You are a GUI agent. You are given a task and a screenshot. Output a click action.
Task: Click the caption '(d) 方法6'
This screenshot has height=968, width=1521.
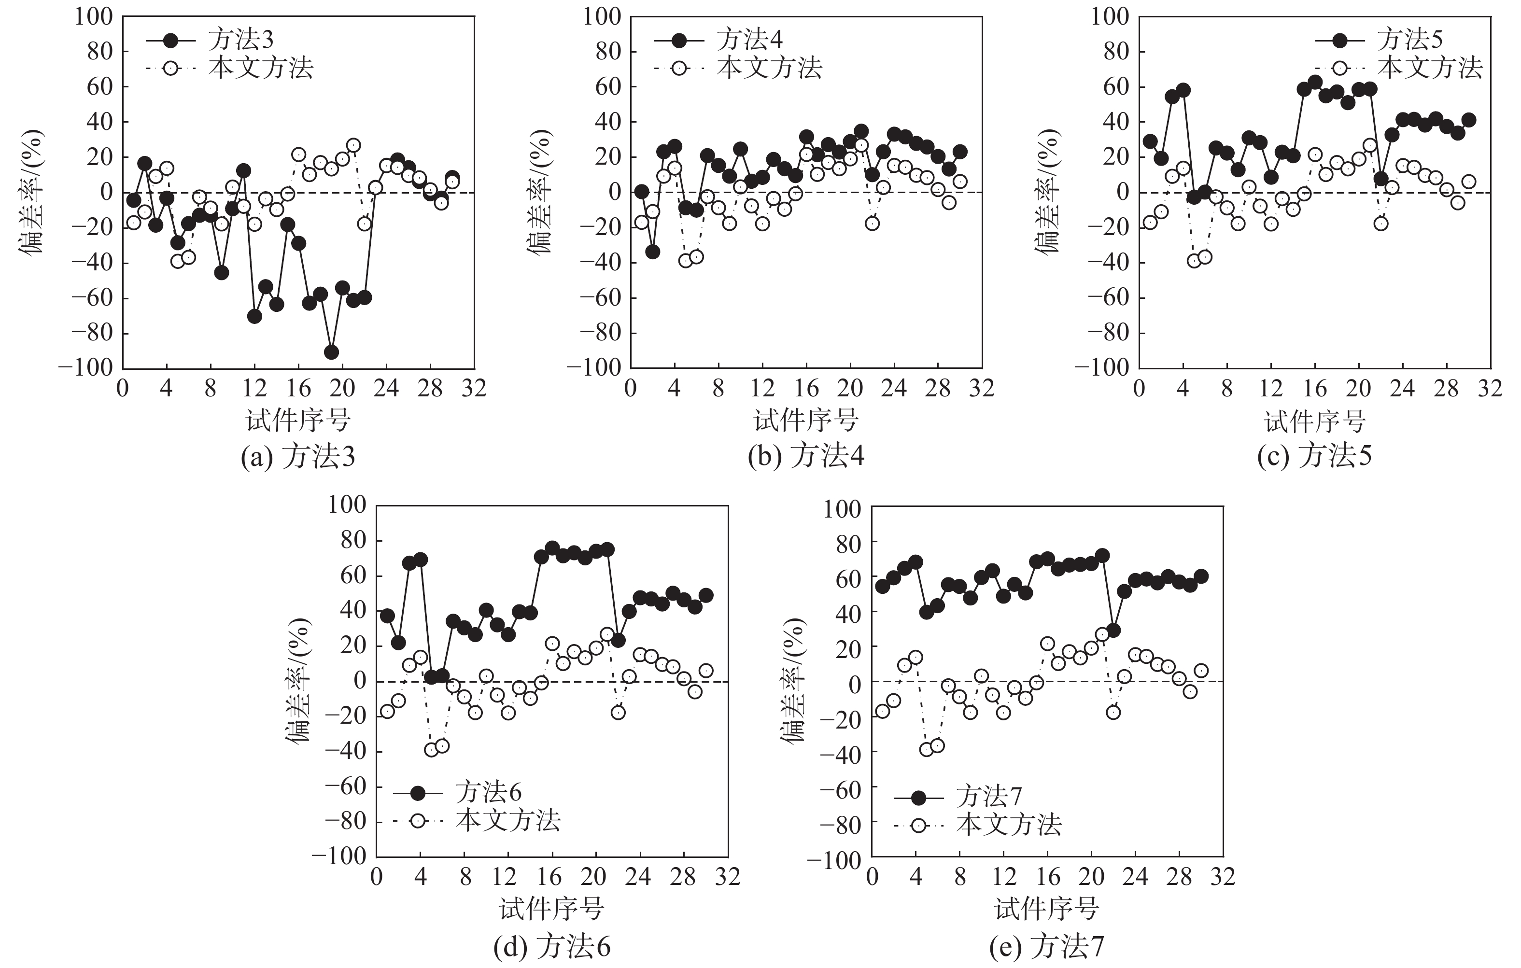(x=551, y=946)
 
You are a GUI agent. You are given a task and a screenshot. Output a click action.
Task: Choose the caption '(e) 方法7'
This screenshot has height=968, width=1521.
(x=1047, y=946)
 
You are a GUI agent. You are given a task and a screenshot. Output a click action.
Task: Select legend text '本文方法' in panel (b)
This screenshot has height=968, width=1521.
(x=769, y=68)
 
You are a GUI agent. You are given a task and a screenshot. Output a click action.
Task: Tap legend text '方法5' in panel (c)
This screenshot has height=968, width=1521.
(x=1410, y=40)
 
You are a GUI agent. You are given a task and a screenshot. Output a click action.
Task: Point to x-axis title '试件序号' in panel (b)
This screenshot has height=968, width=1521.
(x=806, y=420)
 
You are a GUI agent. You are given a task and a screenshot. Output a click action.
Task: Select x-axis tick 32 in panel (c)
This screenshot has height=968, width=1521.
(x=1490, y=388)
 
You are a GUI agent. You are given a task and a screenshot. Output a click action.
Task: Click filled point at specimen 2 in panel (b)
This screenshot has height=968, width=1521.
(x=652, y=252)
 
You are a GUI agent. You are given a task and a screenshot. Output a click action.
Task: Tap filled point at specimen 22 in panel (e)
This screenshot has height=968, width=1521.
(x=1113, y=630)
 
